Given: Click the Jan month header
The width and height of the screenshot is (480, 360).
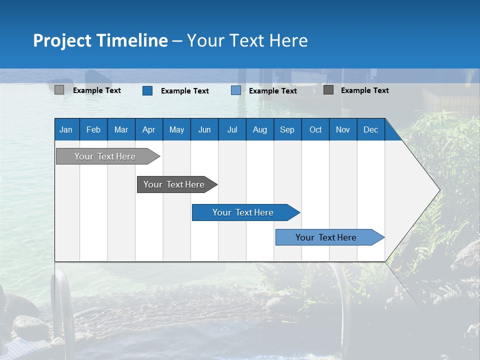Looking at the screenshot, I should [x=66, y=129].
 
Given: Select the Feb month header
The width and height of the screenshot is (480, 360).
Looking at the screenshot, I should [x=93, y=129].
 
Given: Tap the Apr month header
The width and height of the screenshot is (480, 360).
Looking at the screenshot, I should [x=148, y=129].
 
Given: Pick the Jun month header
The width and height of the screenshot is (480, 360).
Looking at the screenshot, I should [x=204, y=129].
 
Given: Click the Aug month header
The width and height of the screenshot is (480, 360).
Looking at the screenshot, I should [x=259, y=129].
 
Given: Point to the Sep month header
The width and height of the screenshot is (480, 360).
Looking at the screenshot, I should [x=287, y=129].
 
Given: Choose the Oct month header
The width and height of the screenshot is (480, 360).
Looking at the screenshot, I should [x=315, y=129].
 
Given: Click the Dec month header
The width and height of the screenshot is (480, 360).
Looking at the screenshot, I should [x=370, y=129].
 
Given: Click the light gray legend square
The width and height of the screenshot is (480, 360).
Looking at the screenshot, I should [x=59, y=90].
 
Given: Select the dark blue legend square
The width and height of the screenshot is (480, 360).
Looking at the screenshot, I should [x=147, y=90].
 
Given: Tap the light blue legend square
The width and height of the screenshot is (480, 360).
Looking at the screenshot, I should [x=236, y=90].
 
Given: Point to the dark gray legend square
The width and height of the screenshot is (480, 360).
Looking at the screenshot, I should [x=328, y=90].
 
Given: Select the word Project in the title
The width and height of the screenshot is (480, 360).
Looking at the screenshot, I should [x=61, y=40].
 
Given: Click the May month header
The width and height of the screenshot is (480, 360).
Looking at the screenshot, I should [x=176, y=129].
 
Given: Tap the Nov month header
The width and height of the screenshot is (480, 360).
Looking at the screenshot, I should [x=342, y=129].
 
